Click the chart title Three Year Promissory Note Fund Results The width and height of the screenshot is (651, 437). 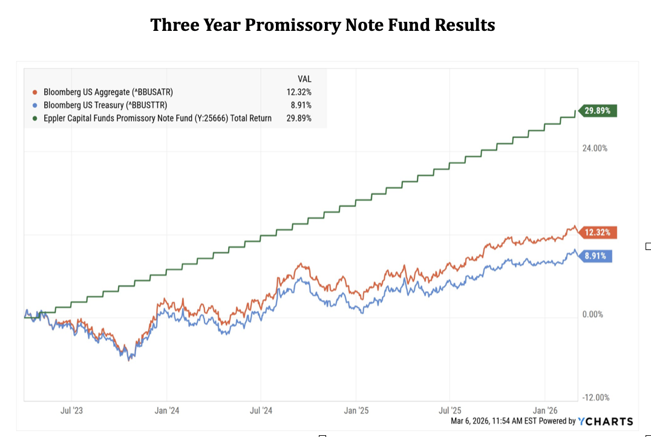[322, 25]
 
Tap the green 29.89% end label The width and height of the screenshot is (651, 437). [598, 111]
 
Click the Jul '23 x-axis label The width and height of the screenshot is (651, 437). [71, 410]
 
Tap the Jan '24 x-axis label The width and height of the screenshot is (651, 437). [166, 410]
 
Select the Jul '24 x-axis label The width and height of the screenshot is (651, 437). [261, 410]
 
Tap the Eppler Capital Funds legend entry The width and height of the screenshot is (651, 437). [157, 118]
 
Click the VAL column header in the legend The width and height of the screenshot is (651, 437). [304, 79]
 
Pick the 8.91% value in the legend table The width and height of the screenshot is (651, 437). [301, 105]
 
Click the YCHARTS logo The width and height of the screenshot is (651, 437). [606, 421]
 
